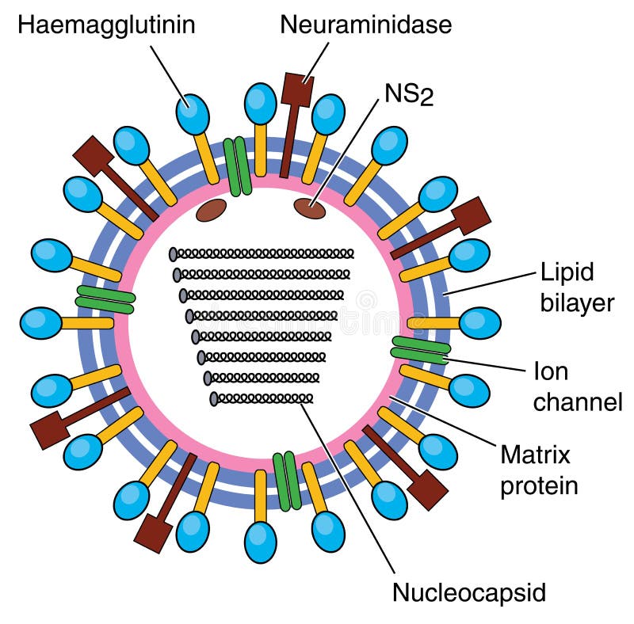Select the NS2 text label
[x=408, y=94]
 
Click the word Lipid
[x=567, y=273]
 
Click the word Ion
[x=550, y=371]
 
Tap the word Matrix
[x=535, y=455]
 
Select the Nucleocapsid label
[x=469, y=591]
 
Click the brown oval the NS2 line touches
[x=309, y=208]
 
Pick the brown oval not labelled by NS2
[x=211, y=209]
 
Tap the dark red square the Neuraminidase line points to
[x=298, y=89]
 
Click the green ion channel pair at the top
[x=237, y=166]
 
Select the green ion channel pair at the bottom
[x=287, y=481]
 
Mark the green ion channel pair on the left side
[x=105, y=299]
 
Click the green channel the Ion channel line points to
[x=421, y=350]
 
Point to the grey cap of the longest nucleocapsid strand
[x=173, y=254]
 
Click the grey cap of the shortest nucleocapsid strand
[x=214, y=398]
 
